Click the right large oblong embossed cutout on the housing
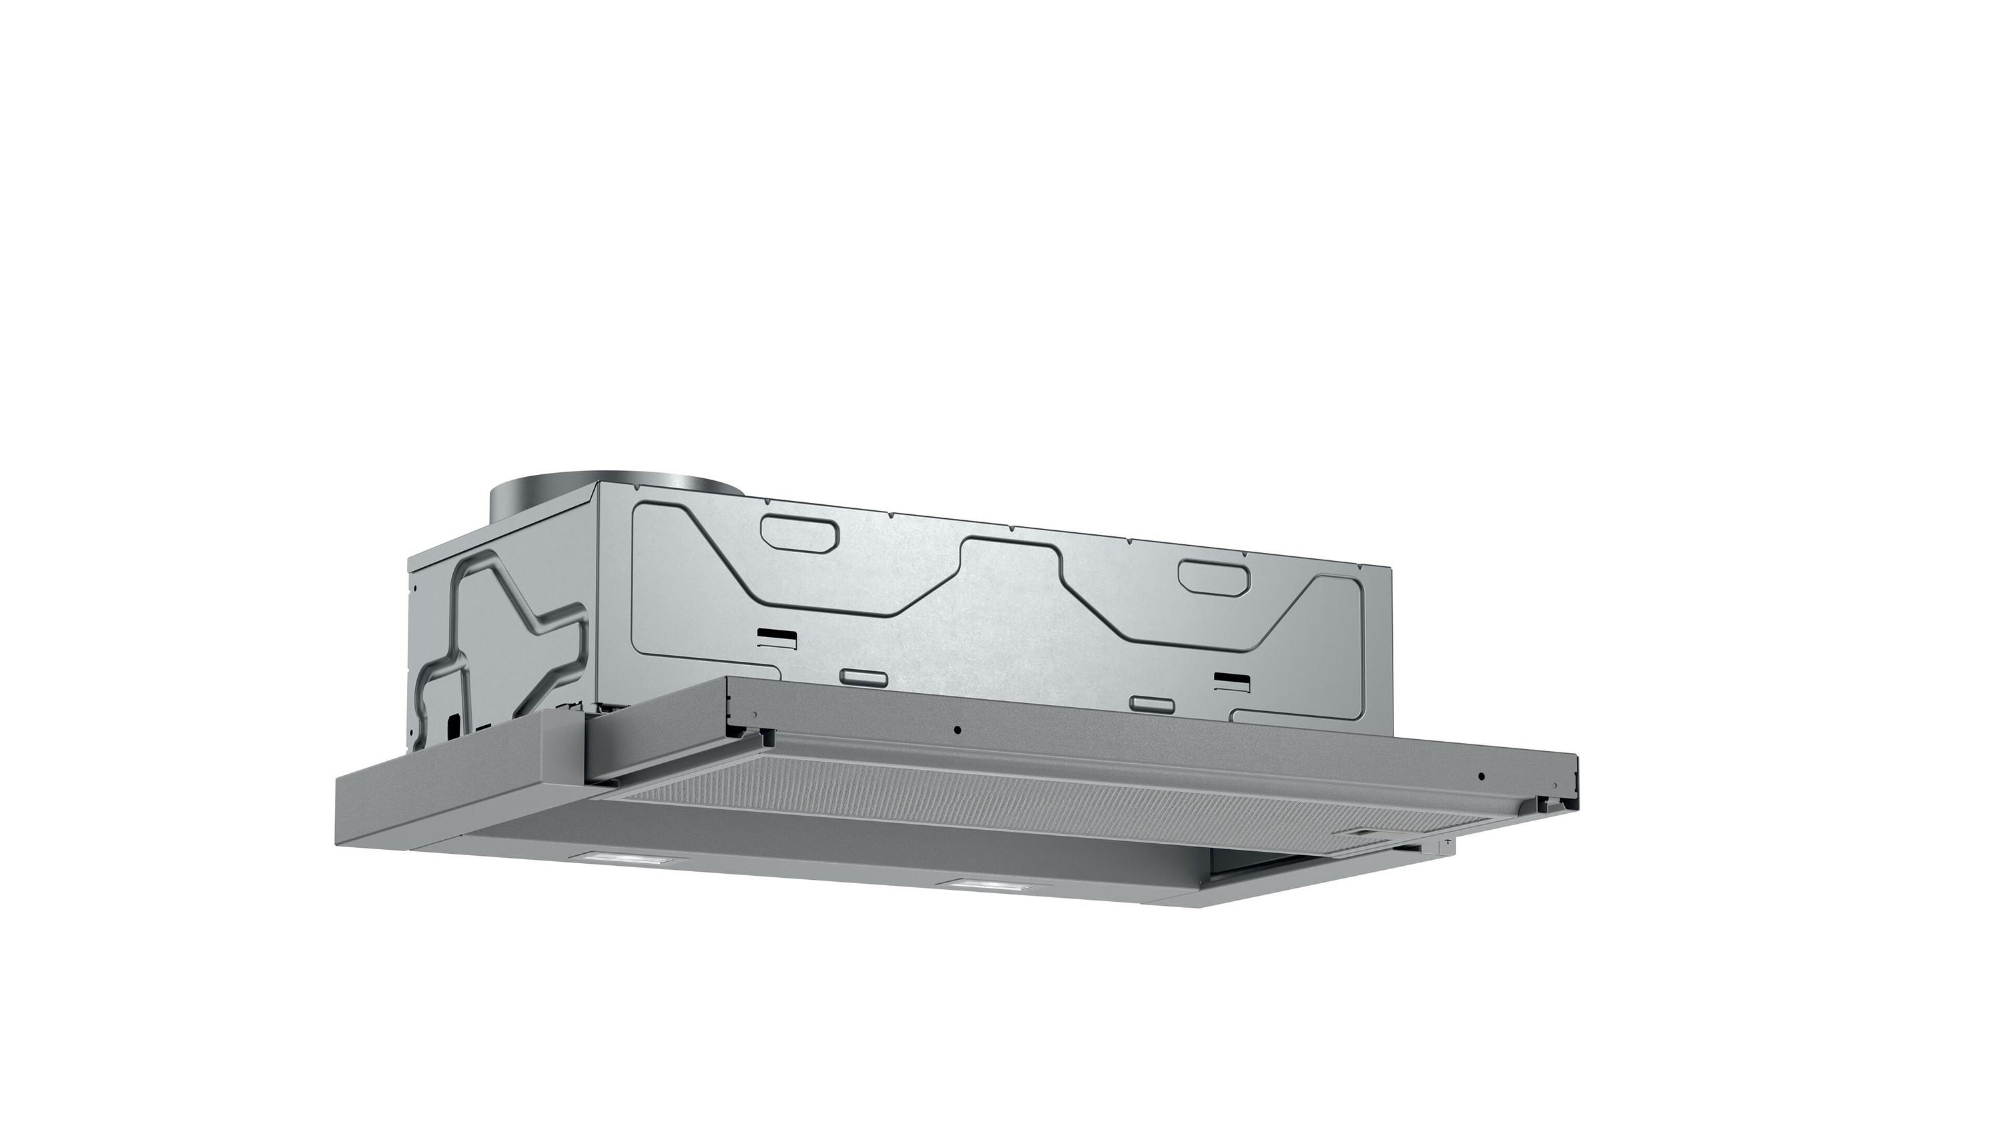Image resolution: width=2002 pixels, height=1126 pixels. pos(1214,576)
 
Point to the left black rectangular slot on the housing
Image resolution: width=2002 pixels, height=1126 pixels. pos(777,637)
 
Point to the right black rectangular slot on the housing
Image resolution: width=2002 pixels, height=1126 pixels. pos(1233,682)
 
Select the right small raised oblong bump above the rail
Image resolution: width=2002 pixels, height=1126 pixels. pos(1152,704)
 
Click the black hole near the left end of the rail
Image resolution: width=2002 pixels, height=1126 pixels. pos(958,730)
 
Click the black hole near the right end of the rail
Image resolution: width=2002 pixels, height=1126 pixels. pos(1481,776)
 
